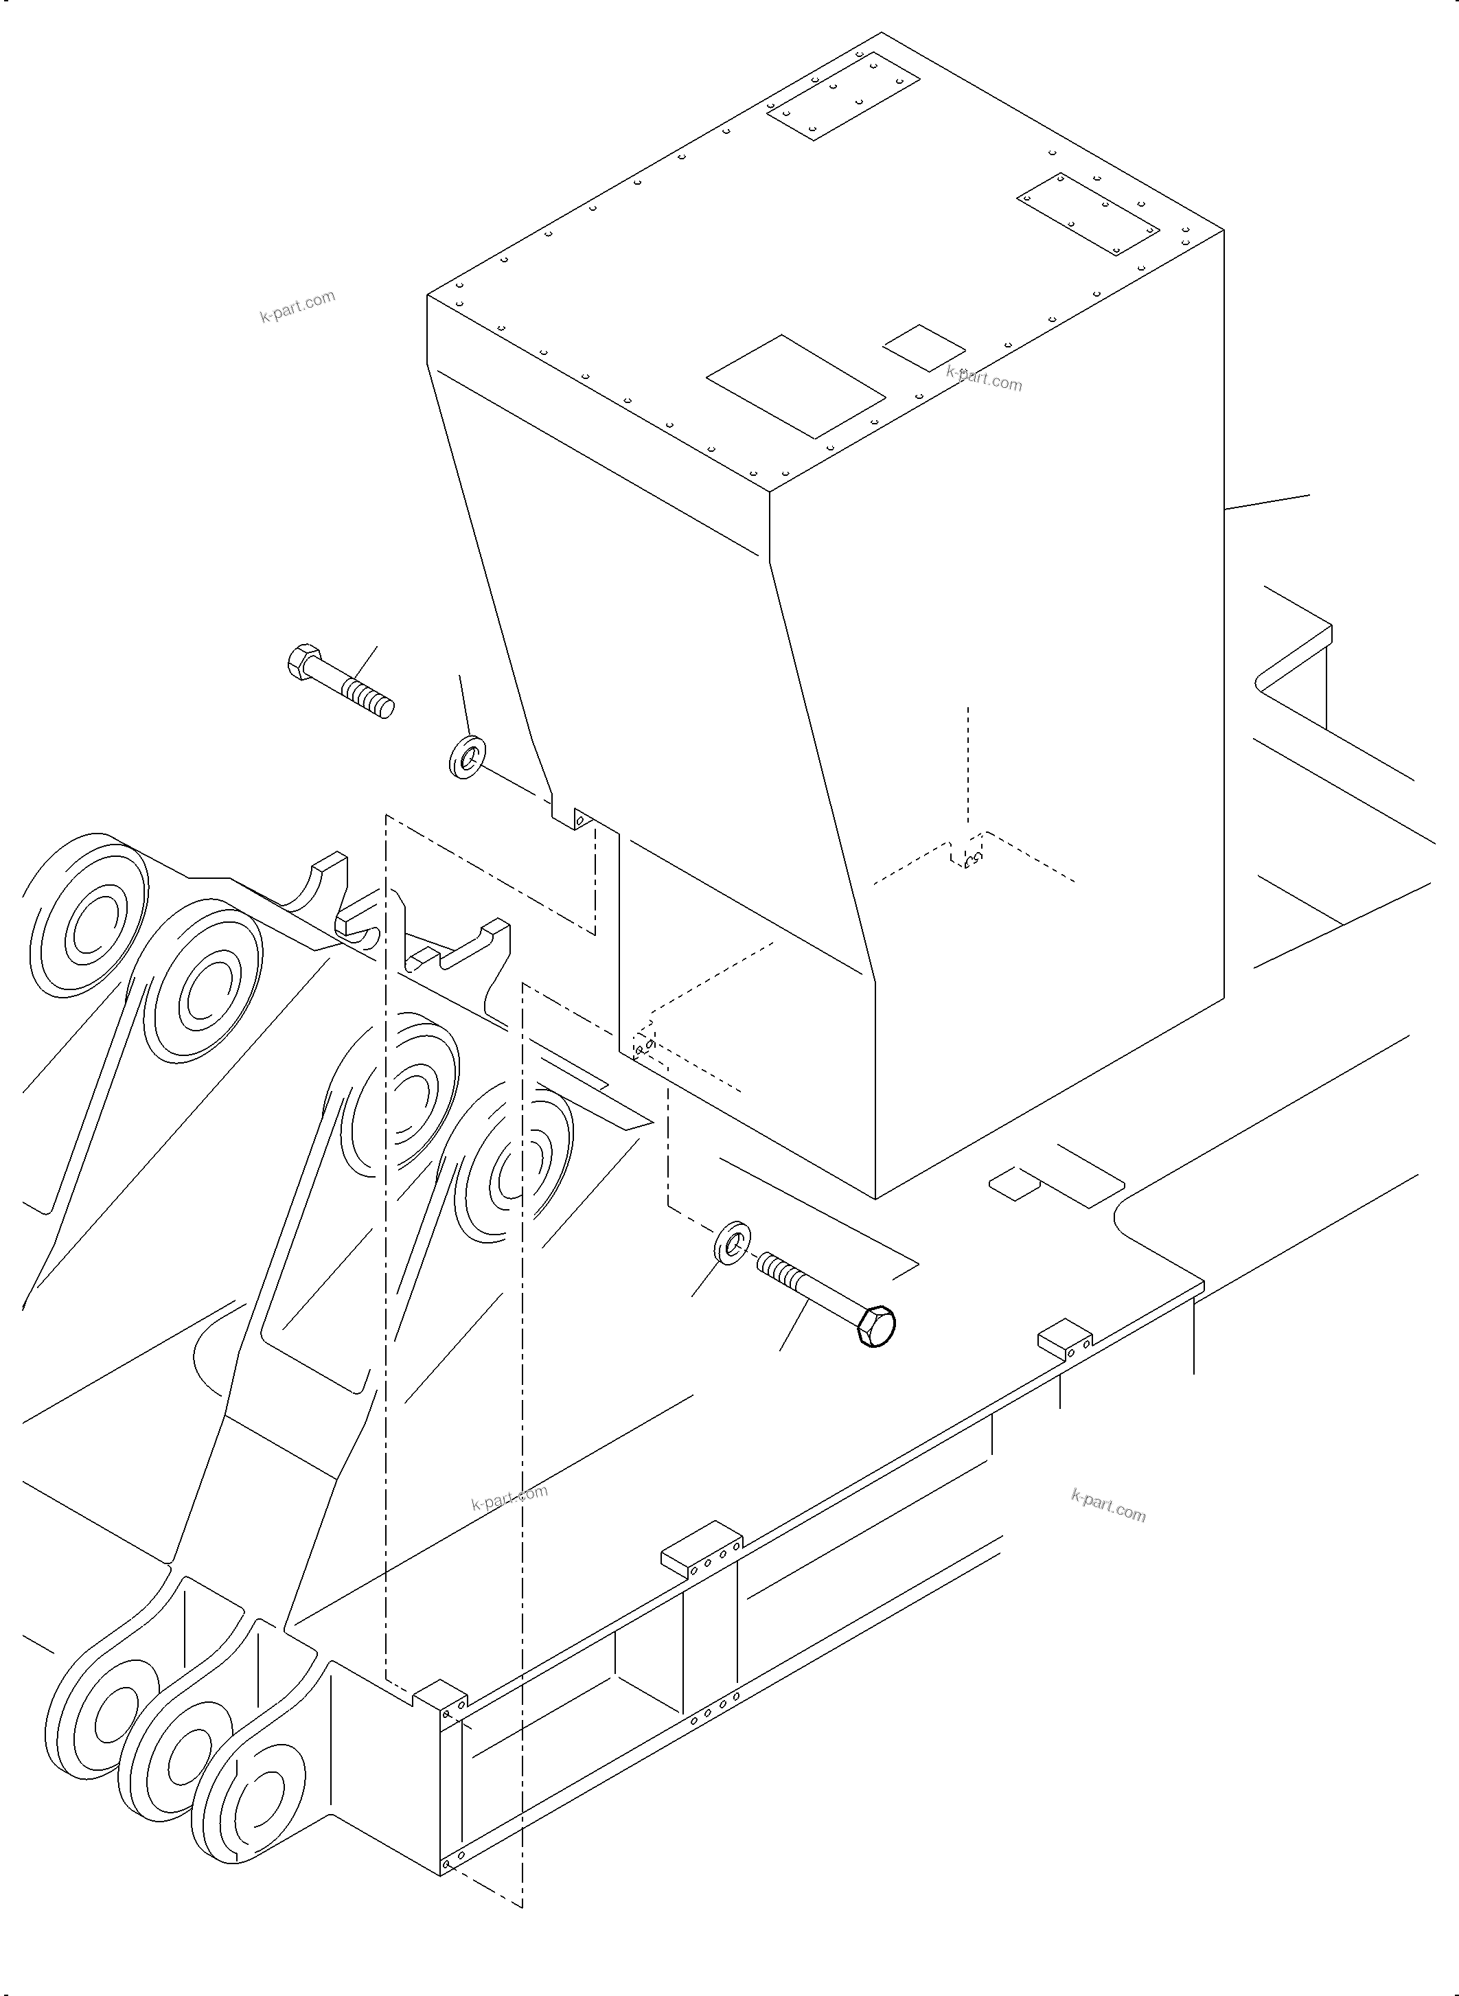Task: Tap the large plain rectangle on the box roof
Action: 795,386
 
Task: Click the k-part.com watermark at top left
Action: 297,306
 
